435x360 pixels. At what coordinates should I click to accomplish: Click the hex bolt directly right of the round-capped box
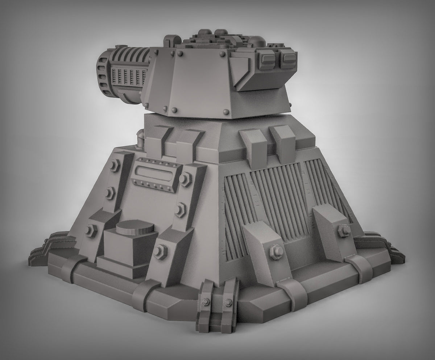(x=160, y=251)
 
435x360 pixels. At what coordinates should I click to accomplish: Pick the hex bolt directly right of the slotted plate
(x=186, y=178)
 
